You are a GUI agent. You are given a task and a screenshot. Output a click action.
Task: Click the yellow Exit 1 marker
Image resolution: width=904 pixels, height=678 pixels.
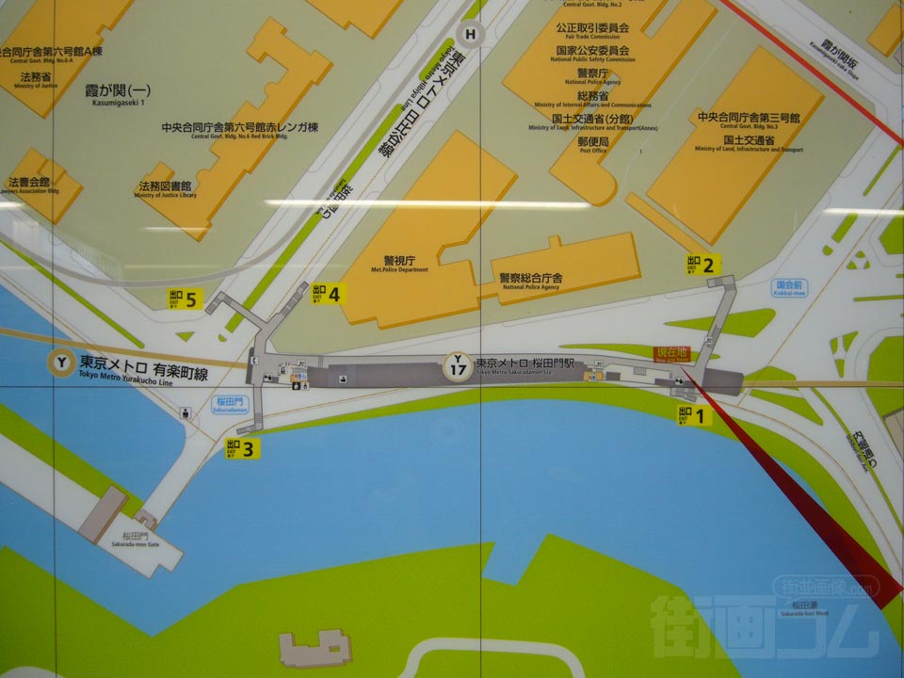(x=693, y=414)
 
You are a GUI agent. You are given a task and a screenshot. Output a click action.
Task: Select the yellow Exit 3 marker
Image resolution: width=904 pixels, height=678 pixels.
(x=242, y=449)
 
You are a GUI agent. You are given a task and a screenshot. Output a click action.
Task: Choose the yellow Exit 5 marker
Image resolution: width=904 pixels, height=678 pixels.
(x=186, y=299)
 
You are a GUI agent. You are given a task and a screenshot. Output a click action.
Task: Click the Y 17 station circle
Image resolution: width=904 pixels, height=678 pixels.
(x=458, y=364)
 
